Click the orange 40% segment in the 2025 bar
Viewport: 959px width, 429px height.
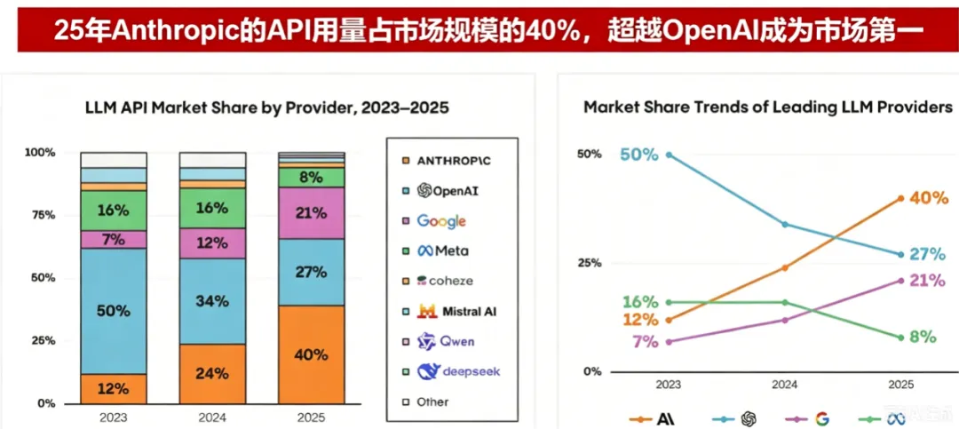coord(312,354)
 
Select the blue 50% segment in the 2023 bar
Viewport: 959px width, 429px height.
coord(114,311)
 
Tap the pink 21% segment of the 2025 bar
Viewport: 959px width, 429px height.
coord(312,213)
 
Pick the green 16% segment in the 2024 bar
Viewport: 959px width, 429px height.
coord(212,208)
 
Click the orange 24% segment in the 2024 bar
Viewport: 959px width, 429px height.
coord(212,373)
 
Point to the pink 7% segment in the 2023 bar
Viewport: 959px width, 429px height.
coord(114,239)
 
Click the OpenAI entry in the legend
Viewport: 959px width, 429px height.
coord(447,190)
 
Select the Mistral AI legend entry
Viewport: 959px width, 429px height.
coord(456,311)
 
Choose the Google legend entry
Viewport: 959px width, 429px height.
coord(441,221)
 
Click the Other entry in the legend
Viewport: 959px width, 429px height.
coord(432,402)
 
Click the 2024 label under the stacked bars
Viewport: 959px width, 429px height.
coord(212,418)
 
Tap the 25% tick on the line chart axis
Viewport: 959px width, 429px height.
coord(589,263)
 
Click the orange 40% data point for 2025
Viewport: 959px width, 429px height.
coord(901,198)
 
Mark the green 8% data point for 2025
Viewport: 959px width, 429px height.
coord(901,338)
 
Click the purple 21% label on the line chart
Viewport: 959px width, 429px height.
coord(929,281)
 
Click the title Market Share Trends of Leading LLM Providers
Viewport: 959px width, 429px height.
coord(768,107)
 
